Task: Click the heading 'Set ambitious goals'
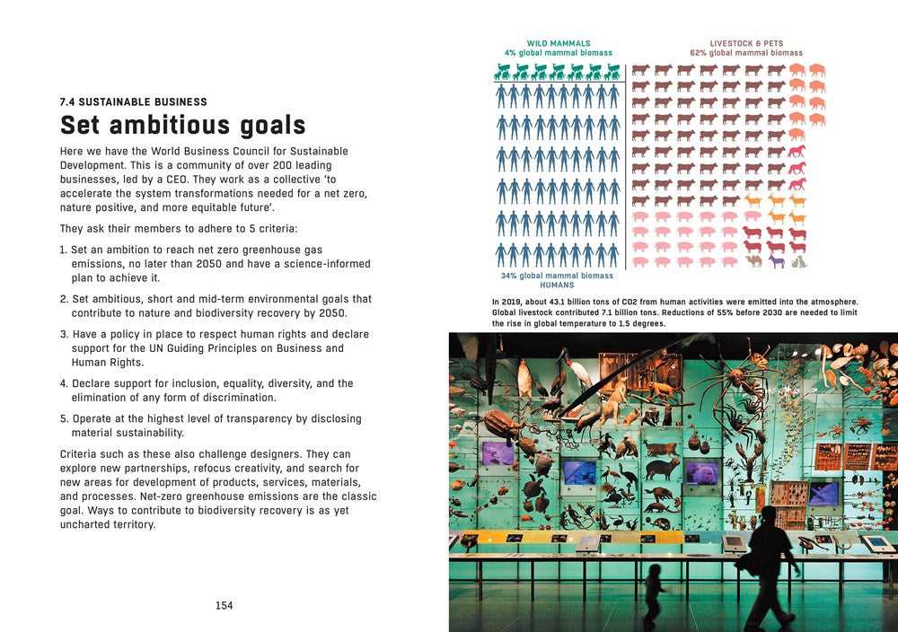(x=182, y=124)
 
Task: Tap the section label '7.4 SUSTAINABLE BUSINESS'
(x=133, y=102)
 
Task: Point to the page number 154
(x=224, y=606)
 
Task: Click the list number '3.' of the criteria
(x=64, y=334)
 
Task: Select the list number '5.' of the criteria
(x=64, y=418)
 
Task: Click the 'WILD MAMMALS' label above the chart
(x=558, y=43)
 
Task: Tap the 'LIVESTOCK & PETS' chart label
(x=746, y=43)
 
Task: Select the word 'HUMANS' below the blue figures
(x=558, y=285)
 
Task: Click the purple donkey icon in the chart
(x=776, y=262)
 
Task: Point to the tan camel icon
(x=753, y=262)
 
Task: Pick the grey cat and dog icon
(x=798, y=262)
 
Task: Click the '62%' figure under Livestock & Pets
(x=700, y=53)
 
